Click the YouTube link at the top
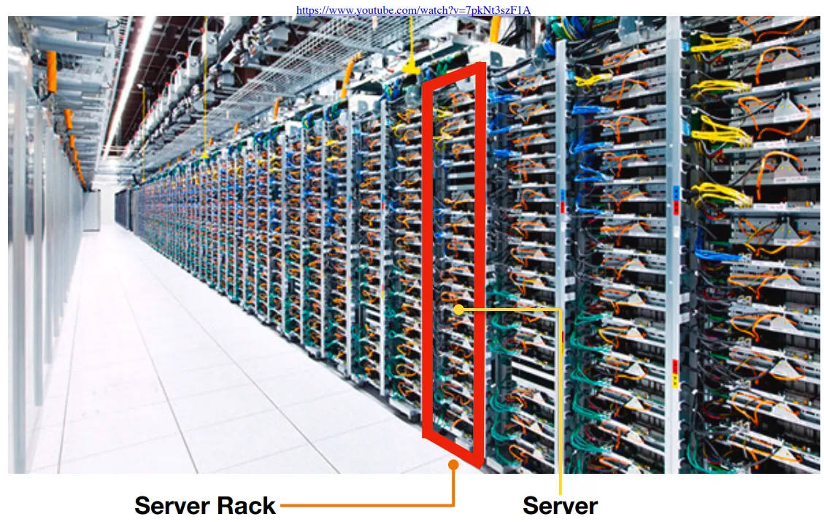coord(412,10)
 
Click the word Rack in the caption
coord(247,505)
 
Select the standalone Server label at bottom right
coord(560,505)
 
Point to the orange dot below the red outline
coord(453,464)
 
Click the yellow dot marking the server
coord(458,309)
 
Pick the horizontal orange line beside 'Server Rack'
coord(365,504)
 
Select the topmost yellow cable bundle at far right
coord(719,44)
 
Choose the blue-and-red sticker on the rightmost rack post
coord(674,198)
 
